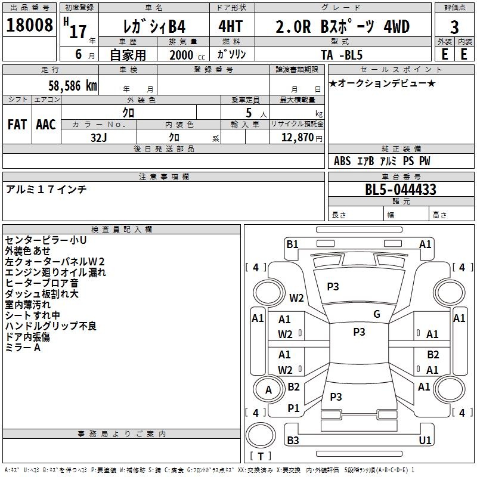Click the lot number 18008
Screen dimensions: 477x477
coord(29,25)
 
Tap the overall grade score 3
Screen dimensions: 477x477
coord(454,27)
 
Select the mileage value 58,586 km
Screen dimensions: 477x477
coord(72,86)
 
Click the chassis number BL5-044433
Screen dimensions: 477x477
coord(401,190)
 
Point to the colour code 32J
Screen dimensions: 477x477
coord(99,138)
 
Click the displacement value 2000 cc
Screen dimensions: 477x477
coord(187,55)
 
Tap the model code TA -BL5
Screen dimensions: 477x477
coord(342,55)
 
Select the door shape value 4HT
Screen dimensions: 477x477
coord(231,26)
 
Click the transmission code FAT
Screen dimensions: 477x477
coord(17,125)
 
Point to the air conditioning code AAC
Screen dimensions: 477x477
coord(46,125)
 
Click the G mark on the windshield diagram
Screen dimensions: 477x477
coord(377,314)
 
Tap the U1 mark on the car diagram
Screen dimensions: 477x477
coord(425,440)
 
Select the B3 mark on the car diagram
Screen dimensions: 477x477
coord(293,440)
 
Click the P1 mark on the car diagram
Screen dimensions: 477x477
coord(293,408)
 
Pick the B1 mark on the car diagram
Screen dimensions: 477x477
coord(293,244)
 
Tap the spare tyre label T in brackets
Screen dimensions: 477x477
coord(261,456)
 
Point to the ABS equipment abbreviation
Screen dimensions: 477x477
coord(342,161)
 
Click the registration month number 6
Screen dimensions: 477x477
coord(79,54)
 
